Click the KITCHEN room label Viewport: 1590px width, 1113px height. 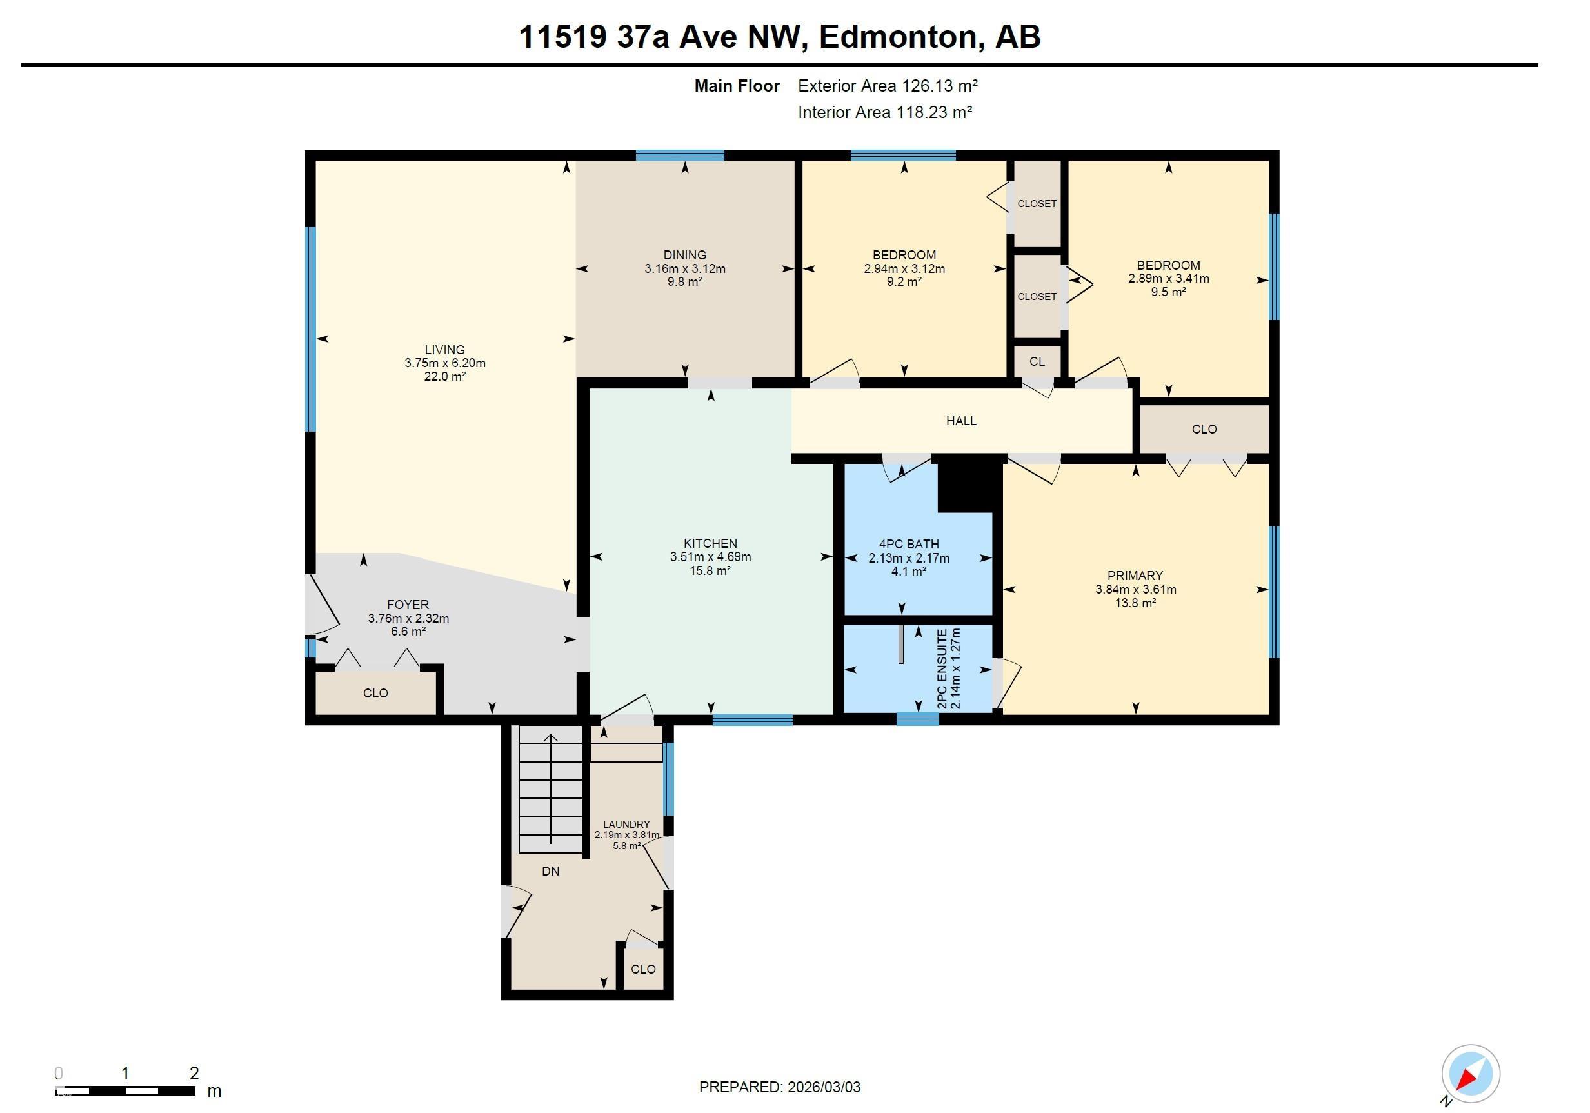[711, 544]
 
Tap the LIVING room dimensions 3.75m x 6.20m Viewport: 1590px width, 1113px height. [445, 363]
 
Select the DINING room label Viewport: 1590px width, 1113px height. [685, 255]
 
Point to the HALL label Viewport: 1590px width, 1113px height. [961, 421]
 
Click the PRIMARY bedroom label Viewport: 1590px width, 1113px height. [1135, 576]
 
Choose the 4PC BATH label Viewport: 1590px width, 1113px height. [909, 545]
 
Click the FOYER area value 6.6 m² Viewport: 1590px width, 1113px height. [408, 632]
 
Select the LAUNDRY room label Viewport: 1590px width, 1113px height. [627, 824]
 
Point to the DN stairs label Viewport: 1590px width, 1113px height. [551, 871]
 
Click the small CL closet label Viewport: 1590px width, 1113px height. [1037, 361]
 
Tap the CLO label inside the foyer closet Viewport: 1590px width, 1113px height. [375, 694]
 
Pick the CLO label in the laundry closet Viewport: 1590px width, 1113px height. [643, 969]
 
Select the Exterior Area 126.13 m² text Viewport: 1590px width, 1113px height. [888, 86]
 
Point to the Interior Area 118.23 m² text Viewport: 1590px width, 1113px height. [885, 112]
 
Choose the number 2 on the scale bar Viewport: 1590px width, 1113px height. [194, 1074]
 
